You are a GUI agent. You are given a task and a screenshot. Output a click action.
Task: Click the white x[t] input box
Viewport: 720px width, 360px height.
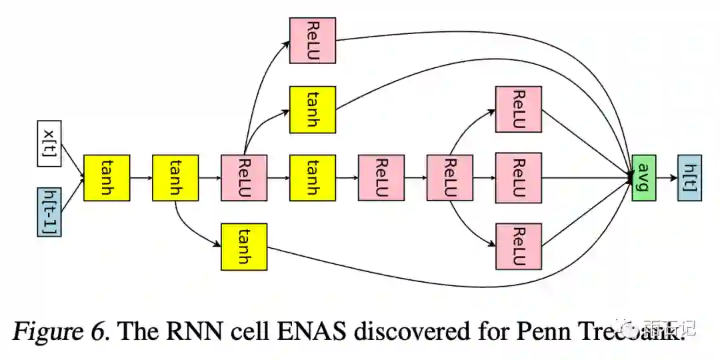49,143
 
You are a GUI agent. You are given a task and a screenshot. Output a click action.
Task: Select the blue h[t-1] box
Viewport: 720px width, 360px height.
49,212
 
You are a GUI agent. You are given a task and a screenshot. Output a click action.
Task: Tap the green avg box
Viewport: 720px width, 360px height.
643,177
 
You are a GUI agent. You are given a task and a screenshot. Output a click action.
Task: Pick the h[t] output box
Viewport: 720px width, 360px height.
689,177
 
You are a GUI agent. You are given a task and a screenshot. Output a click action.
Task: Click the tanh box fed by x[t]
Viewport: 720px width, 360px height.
107,177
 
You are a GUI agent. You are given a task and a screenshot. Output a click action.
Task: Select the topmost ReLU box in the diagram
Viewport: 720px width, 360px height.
313,41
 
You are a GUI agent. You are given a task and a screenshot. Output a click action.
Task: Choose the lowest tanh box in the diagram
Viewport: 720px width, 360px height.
244,247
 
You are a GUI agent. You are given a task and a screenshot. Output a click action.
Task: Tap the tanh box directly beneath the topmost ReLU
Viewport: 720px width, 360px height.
313,109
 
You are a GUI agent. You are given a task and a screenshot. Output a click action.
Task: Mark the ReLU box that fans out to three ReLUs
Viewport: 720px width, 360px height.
450,177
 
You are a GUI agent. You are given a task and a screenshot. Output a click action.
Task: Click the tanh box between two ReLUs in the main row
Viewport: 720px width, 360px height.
313,177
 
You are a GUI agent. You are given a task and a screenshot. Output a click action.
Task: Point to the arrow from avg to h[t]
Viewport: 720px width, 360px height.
666,177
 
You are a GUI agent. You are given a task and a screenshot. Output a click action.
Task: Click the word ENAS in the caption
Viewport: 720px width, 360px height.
314,330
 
